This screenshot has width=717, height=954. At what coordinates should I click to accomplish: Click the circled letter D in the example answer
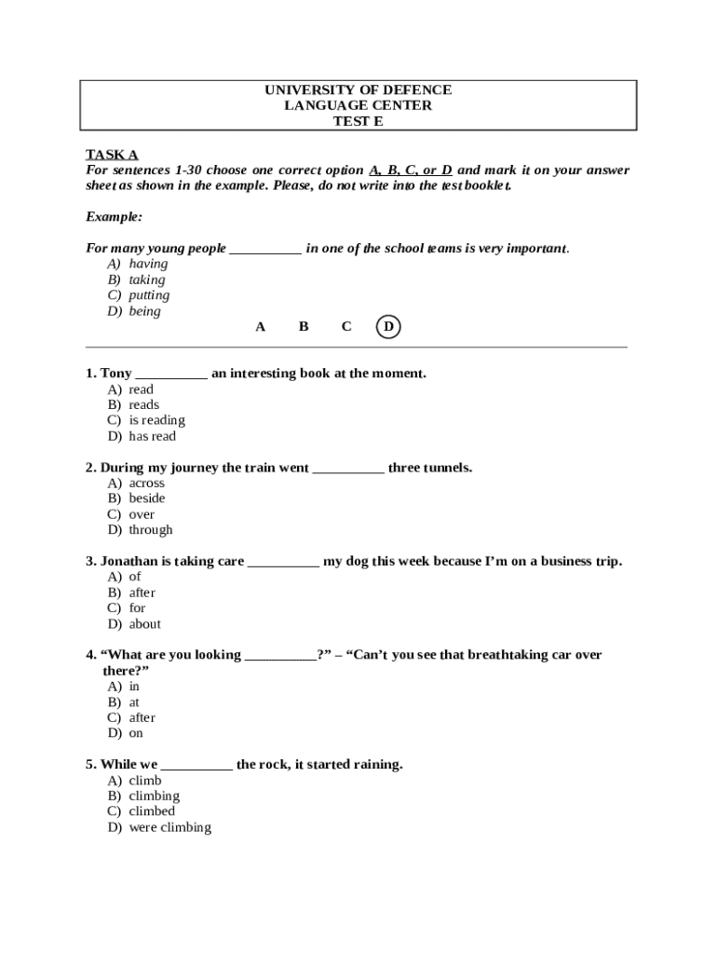pyautogui.click(x=388, y=327)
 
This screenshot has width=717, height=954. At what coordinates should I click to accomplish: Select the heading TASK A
pyautogui.click(x=112, y=155)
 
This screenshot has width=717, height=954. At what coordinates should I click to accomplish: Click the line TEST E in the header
pyautogui.click(x=358, y=121)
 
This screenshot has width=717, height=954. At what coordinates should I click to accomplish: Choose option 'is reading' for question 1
pyautogui.click(x=156, y=420)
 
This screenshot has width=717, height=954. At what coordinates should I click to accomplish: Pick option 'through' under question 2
pyautogui.click(x=151, y=530)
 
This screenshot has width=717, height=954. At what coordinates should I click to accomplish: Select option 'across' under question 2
pyautogui.click(x=146, y=483)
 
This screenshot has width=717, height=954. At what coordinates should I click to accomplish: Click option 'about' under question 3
pyautogui.click(x=144, y=624)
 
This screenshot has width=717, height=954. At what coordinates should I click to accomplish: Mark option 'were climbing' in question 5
pyautogui.click(x=170, y=827)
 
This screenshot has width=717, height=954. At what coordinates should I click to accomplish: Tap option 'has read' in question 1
pyautogui.click(x=152, y=436)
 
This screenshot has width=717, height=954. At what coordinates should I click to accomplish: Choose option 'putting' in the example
pyautogui.click(x=149, y=295)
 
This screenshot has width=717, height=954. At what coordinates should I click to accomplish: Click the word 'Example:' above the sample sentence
pyautogui.click(x=114, y=217)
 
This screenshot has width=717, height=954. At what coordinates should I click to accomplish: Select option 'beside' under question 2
pyautogui.click(x=147, y=498)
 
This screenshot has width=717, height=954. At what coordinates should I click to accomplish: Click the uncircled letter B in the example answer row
pyautogui.click(x=304, y=327)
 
